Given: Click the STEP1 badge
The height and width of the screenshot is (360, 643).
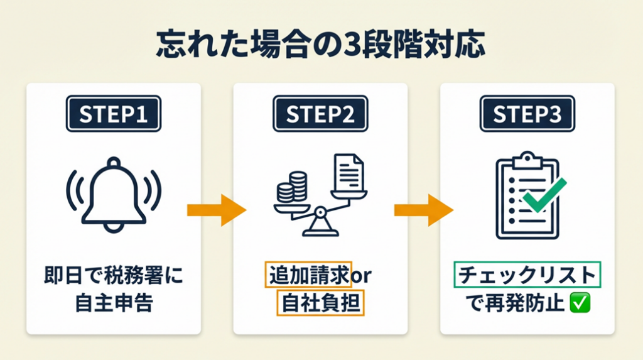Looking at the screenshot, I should pos(113,114).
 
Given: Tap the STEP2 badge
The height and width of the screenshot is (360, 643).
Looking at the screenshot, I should pos(320,114).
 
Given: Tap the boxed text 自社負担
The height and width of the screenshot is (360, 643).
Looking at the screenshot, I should pos(320,303).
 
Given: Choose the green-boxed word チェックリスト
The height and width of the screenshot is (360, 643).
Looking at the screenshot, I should pos(527,275).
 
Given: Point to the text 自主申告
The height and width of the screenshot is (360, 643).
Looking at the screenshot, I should pos(114,303).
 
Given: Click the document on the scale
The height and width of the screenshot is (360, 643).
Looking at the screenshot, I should pos(347,173).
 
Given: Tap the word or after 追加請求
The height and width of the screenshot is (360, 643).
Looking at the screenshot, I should pos(363,275).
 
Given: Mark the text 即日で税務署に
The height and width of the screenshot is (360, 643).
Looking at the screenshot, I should pos(114,275).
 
